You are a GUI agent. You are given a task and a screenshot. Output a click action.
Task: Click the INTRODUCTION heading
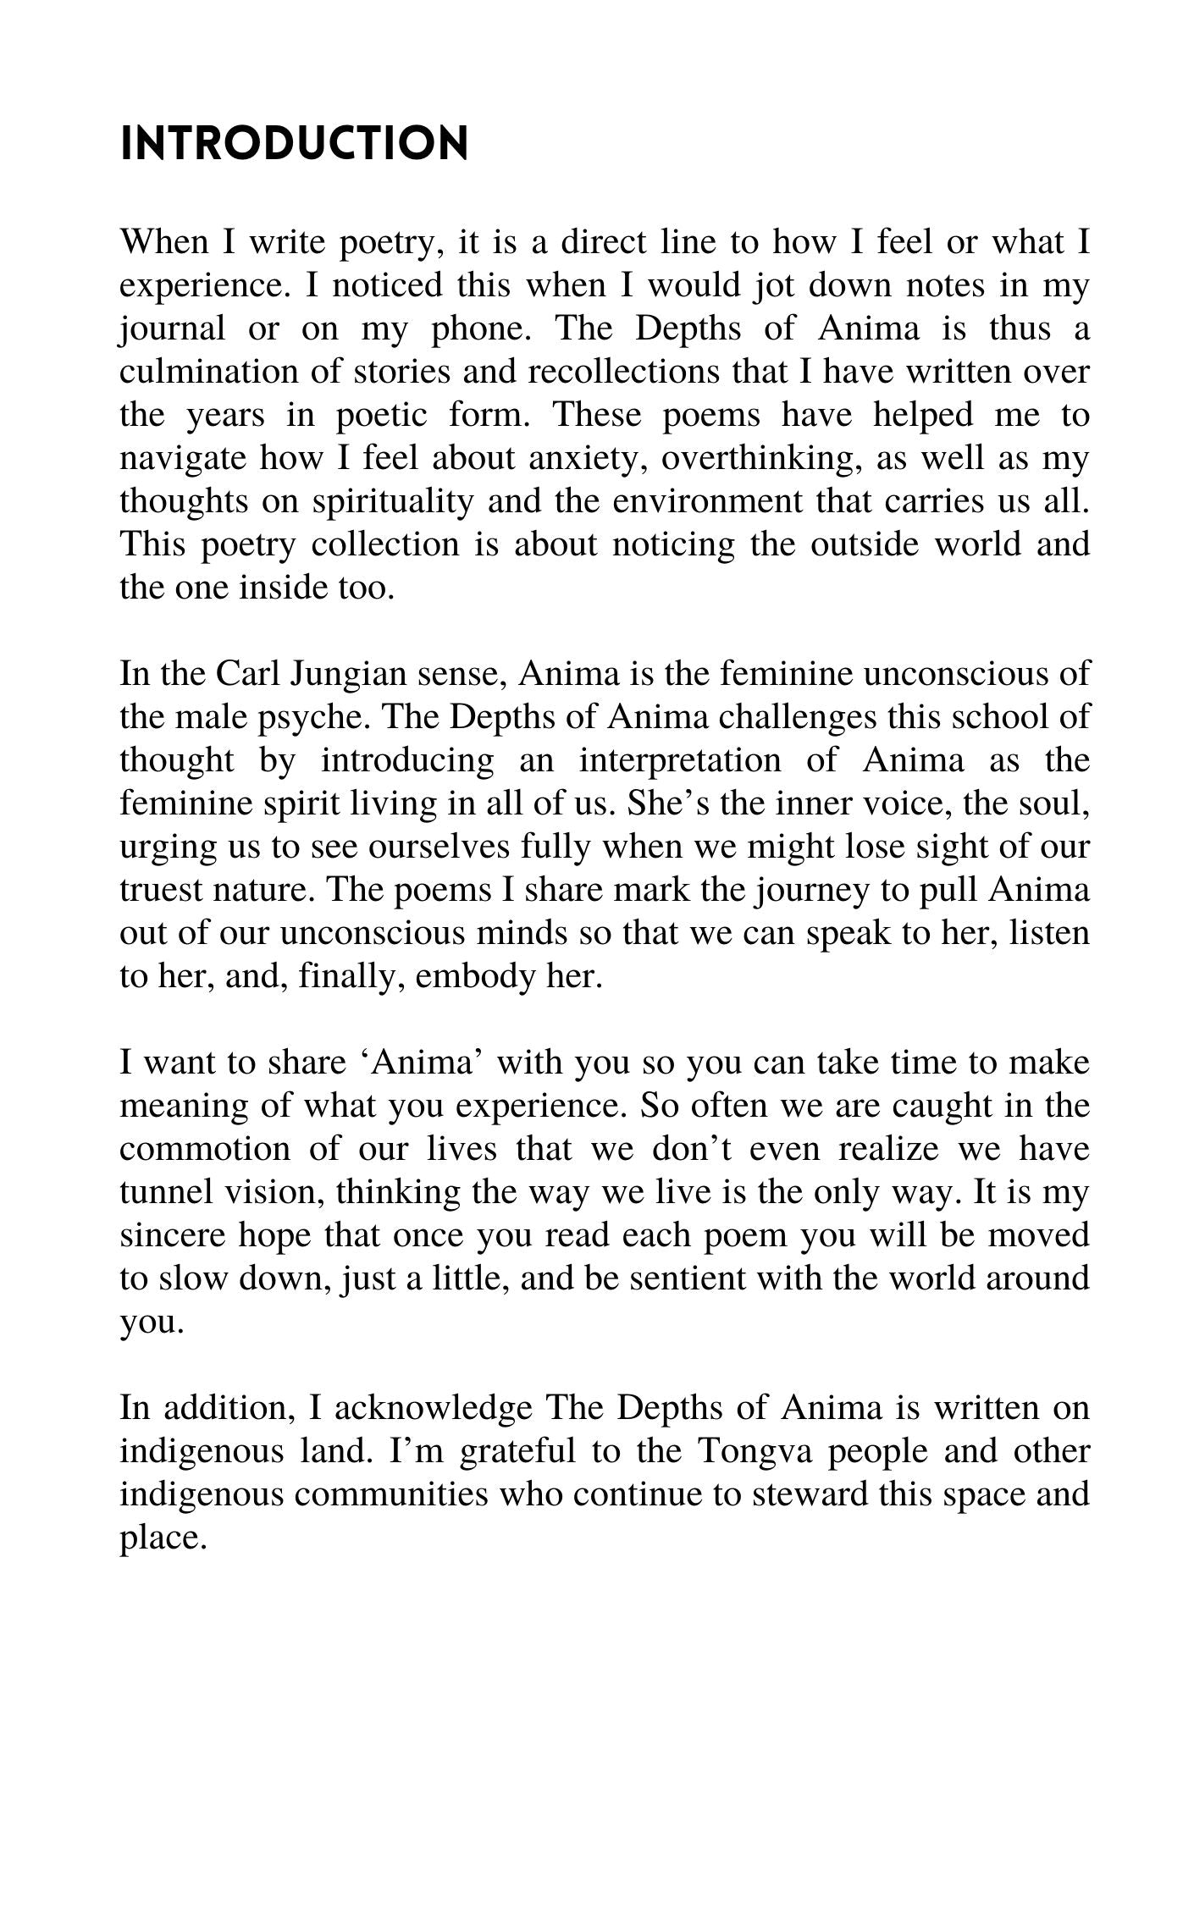(294, 144)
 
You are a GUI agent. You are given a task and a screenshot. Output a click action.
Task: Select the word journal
(173, 329)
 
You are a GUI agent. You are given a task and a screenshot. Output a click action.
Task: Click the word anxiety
(587, 458)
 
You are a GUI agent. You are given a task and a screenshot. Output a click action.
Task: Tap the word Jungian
(338, 676)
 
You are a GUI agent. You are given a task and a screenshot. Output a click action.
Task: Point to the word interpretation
(680, 760)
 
